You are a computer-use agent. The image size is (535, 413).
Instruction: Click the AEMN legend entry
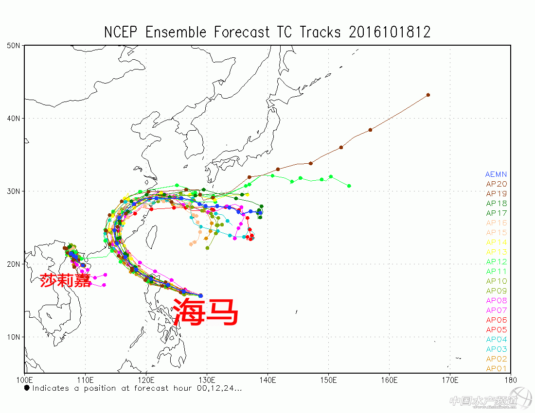(496, 174)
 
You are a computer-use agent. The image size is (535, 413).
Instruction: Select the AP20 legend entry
(496, 184)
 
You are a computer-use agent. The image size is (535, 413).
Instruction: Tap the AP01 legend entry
(496, 369)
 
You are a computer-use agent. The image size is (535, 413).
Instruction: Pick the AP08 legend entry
(496, 301)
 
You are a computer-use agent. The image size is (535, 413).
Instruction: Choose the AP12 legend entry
(496, 262)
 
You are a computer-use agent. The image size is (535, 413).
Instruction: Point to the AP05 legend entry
(496, 330)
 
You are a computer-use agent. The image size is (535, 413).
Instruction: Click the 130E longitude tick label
(207, 379)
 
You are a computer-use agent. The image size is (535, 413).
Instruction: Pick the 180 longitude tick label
(510, 379)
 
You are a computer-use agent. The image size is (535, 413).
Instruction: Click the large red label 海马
(206, 311)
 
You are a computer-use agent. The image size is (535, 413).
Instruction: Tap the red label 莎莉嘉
(65, 280)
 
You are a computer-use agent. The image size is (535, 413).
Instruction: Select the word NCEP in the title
(122, 32)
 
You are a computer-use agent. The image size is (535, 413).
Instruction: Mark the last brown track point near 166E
(428, 95)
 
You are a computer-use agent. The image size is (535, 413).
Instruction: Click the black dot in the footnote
(27, 388)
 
